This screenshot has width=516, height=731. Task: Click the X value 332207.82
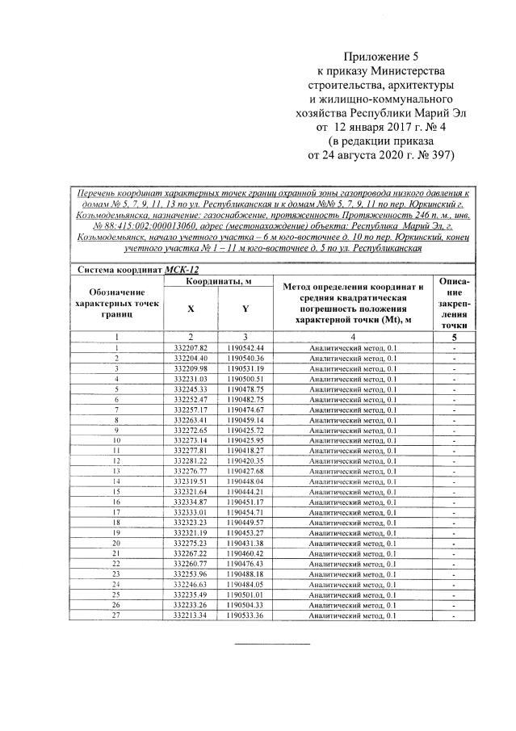(191, 347)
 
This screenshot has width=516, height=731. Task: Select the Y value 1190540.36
(245, 357)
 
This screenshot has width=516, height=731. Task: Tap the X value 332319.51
(191, 481)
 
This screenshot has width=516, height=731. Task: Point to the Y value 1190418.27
(245, 450)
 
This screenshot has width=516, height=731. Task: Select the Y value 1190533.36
(245, 616)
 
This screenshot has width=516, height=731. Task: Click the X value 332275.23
(191, 544)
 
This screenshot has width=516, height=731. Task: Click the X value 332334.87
(191, 502)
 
